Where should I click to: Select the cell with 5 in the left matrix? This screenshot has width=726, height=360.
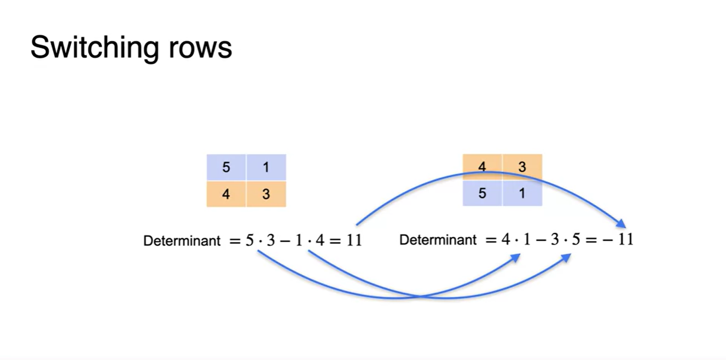[226, 167]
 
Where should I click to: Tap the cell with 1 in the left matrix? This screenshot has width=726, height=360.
[266, 167]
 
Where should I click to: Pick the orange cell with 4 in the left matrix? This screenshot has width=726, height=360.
[226, 194]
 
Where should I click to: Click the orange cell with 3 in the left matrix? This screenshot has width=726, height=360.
[266, 194]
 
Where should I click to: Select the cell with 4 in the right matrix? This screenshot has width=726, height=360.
[482, 167]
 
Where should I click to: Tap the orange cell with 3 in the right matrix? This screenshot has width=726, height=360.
[522, 167]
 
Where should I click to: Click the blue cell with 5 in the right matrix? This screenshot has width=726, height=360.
[482, 193]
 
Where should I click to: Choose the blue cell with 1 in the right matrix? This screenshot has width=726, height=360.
[522, 193]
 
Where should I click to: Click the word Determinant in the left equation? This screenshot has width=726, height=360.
[182, 241]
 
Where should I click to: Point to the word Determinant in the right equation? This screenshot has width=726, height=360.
[438, 240]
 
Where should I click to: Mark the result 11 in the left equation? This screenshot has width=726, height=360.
[354, 240]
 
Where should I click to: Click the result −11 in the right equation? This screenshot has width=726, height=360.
[618, 240]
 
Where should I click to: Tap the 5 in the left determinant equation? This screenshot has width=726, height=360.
[249, 240]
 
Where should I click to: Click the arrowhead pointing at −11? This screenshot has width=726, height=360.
[621, 223]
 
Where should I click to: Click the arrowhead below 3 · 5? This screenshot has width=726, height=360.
[566, 258]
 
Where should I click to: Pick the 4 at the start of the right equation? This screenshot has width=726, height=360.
[506, 240]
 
